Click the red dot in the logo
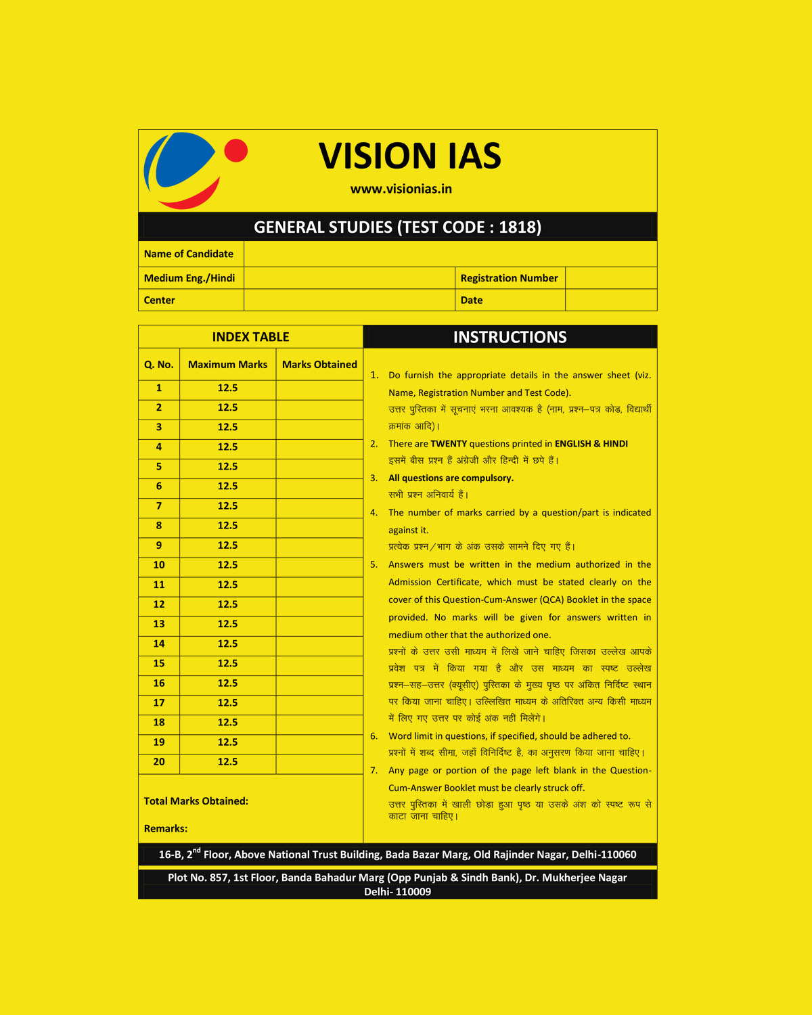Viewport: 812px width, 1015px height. click(x=235, y=151)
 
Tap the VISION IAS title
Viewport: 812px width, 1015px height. click(x=409, y=156)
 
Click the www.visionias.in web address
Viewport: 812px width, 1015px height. click(x=401, y=189)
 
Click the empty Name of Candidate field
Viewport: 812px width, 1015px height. click(x=450, y=254)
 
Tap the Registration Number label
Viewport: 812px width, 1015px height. click(x=509, y=278)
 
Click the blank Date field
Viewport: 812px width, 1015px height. click(x=610, y=300)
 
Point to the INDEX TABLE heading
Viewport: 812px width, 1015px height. click(x=250, y=337)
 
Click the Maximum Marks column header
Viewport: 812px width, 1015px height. click(x=227, y=365)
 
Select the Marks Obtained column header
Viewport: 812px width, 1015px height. click(x=319, y=365)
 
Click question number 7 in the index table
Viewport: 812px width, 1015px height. click(x=159, y=506)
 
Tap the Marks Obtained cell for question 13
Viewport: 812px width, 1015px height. click(x=319, y=624)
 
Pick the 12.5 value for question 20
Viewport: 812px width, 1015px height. click(x=227, y=762)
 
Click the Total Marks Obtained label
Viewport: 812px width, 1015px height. click(x=196, y=801)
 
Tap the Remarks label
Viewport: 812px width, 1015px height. click(x=165, y=829)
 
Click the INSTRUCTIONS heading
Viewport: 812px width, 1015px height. click(x=510, y=337)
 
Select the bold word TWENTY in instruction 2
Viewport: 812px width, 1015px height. click(x=449, y=444)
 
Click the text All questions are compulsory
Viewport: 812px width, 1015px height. click(x=451, y=478)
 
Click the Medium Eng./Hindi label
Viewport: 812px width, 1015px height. click(x=189, y=278)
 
